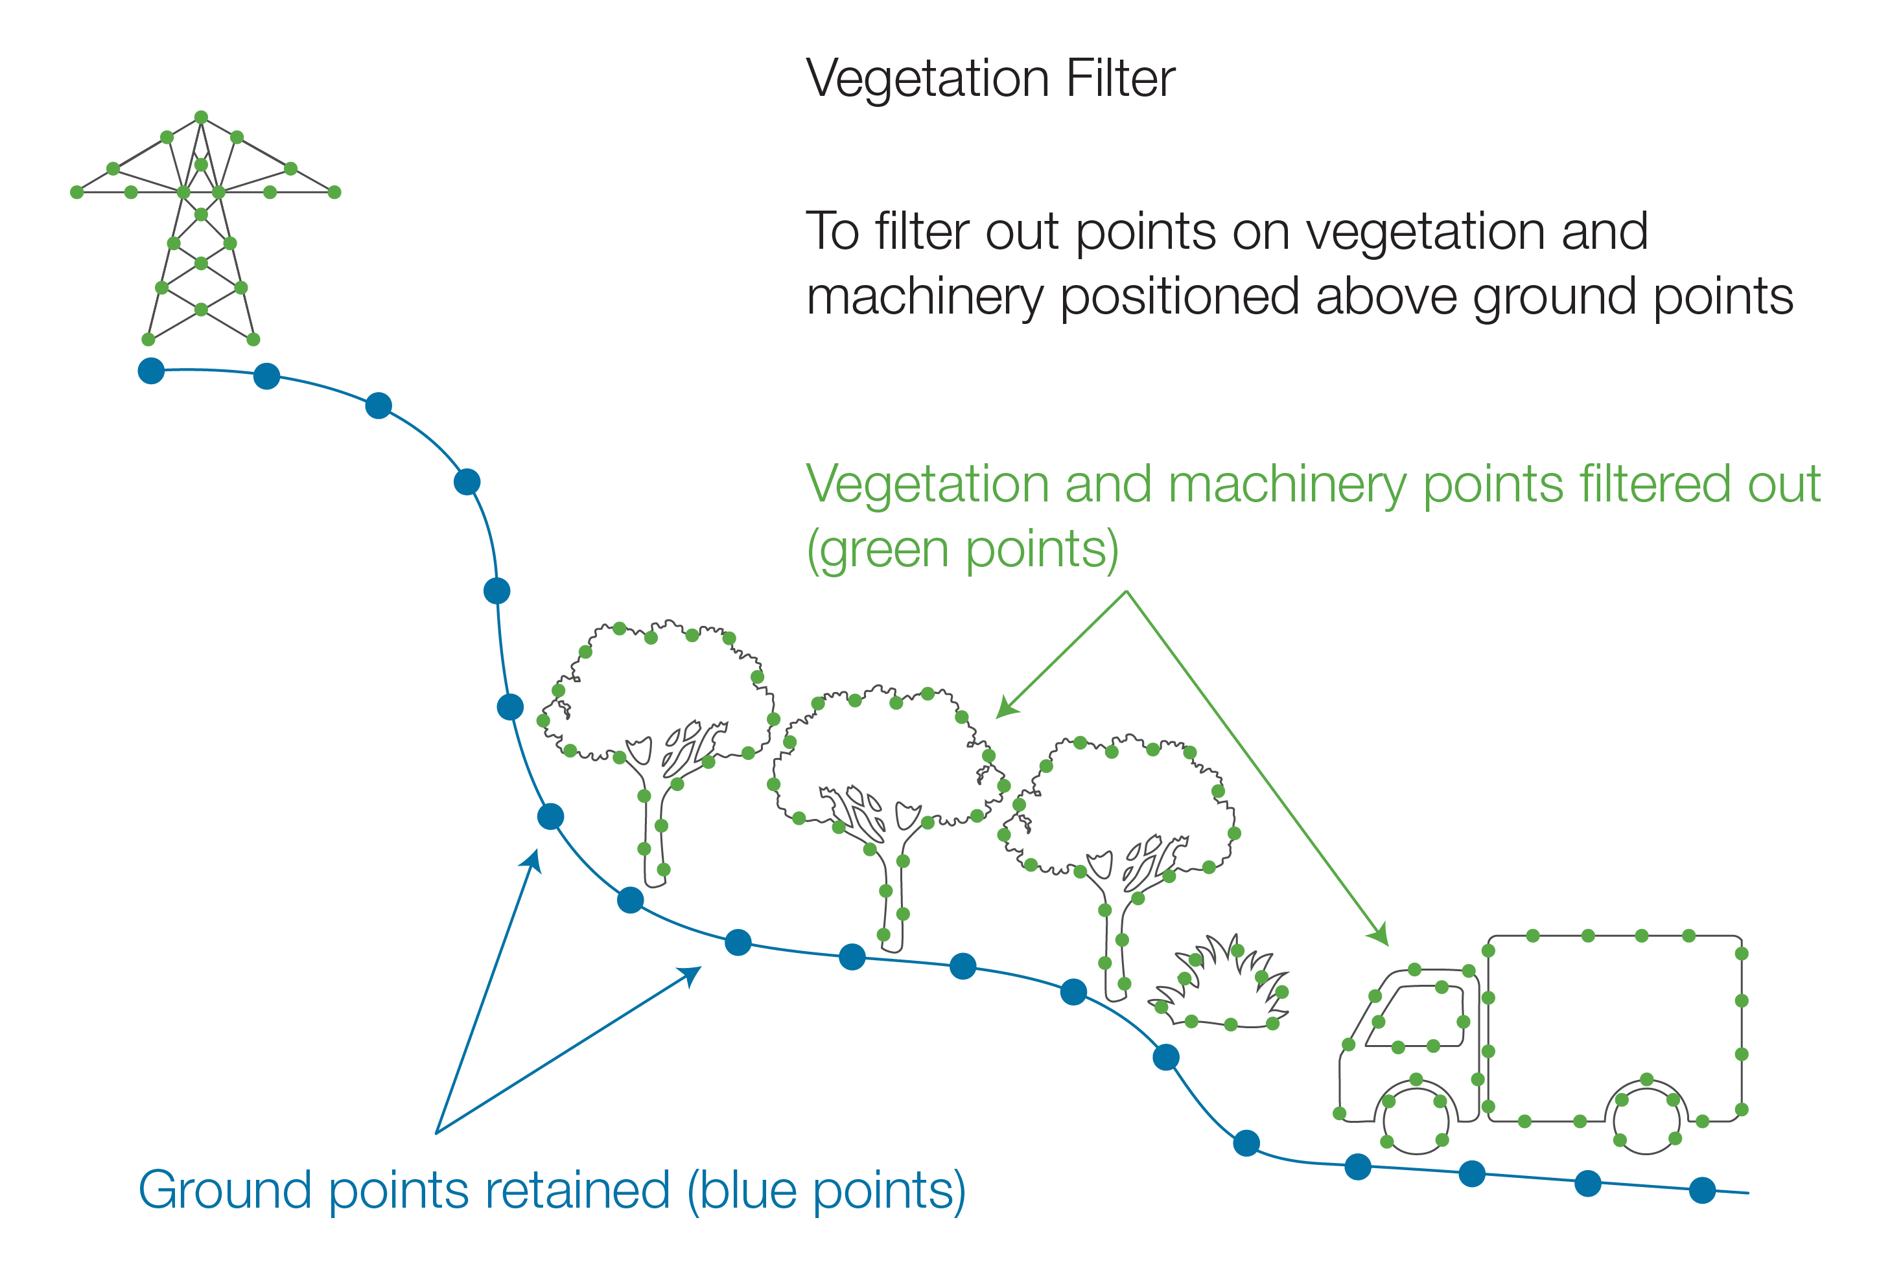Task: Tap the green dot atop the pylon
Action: coord(201,117)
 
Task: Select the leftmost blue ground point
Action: coord(151,371)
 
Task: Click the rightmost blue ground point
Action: coord(1702,1190)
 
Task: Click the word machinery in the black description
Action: coord(925,297)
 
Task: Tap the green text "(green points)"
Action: coord(962,551)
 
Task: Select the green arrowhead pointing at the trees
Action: coord(1005,709)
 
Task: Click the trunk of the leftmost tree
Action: coord(653,832)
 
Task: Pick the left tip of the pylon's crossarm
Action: coord(76,192)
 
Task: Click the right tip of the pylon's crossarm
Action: coord(334,192)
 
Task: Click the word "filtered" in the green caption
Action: coord(1655,485)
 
